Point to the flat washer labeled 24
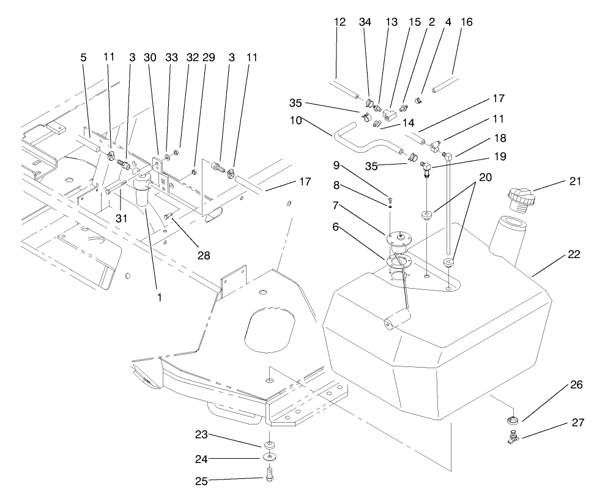pyautogui.click(x=269, y=457)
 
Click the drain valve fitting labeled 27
pyautogui.click(x=511, y=436)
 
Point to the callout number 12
pyautogui.click(x=340, y=22)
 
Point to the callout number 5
pyautogui.click(x=83, y=57)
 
